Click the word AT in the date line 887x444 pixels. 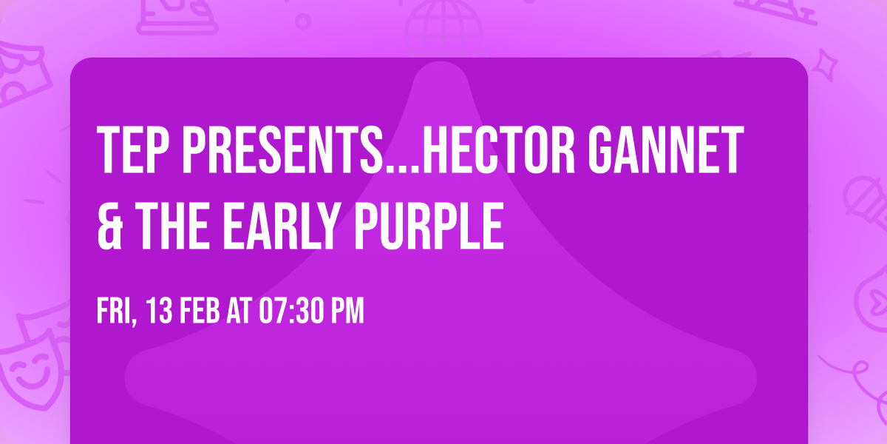coord(239,312)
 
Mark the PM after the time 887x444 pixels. coord(347,312)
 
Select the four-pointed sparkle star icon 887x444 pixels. coord(830,62)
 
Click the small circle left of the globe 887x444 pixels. coord(302,21)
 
